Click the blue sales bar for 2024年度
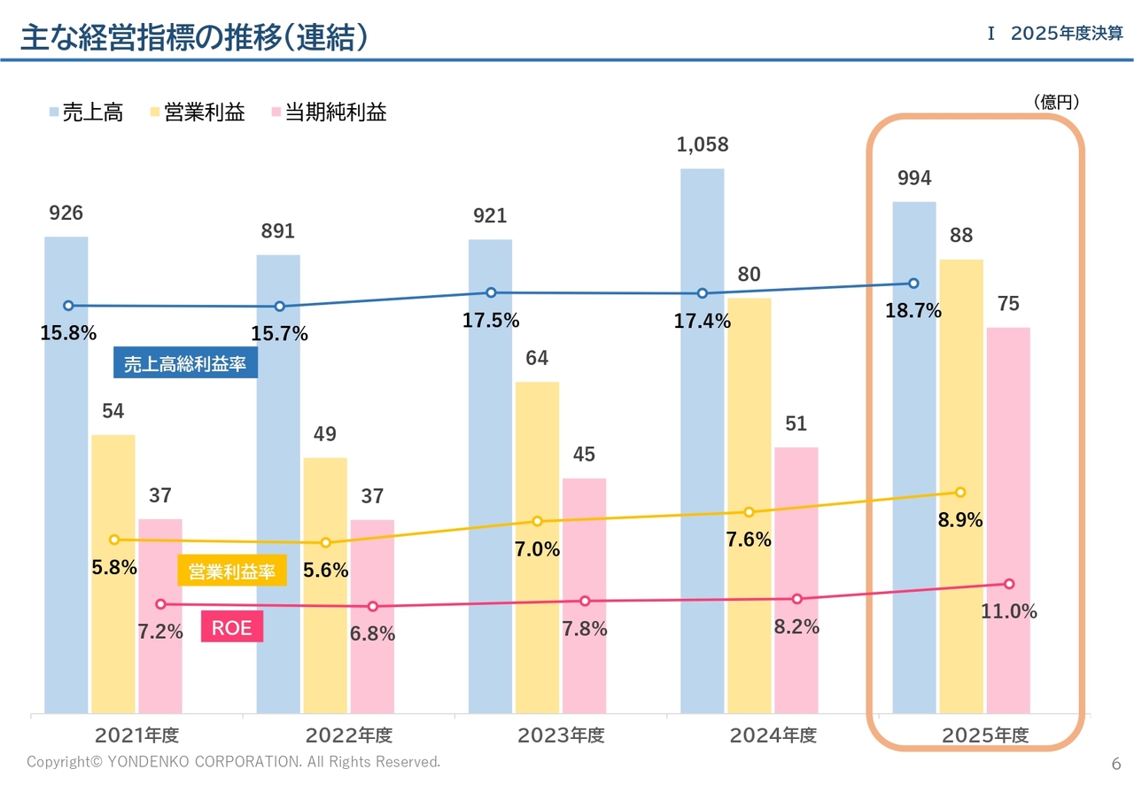point(703,440)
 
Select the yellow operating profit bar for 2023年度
point(537,548)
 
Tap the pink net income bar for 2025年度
point(1008,520)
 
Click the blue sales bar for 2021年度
point(66,475)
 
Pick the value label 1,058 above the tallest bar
point(703,144)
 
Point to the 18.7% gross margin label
point(913,310)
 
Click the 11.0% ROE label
point(1009,611)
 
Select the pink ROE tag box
point(232,626)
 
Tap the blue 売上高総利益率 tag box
point(185,362)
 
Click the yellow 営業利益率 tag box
point(232,571)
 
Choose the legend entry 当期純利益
point(330,112)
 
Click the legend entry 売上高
point(87,112)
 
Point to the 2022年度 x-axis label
point(349,735)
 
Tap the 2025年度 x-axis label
point(985,735)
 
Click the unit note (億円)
point(1057,102)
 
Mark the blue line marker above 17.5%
point(491,292)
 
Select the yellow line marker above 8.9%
point(960,493)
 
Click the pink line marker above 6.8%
point(373,606)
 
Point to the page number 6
point(1116,764)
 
